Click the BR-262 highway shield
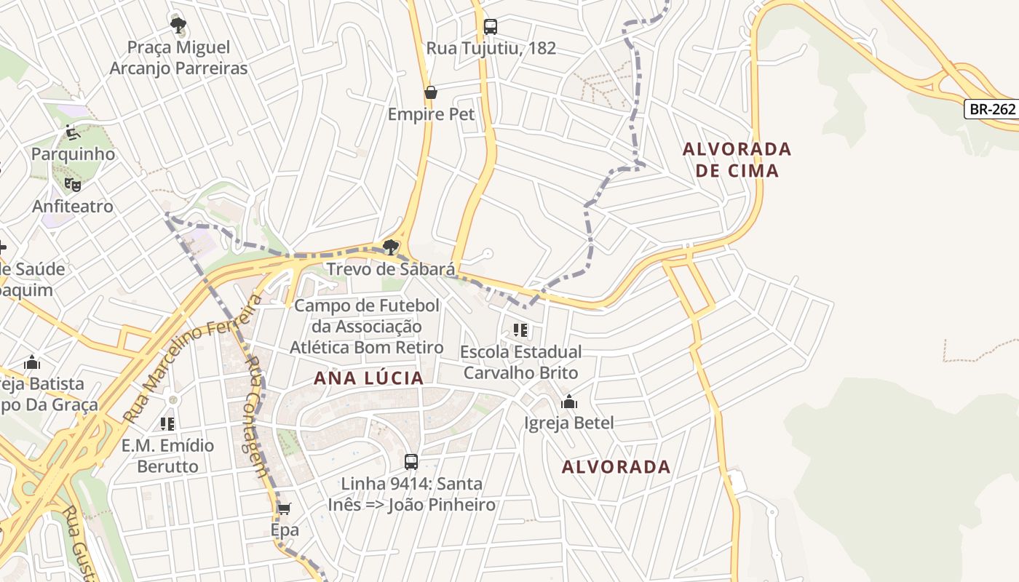click(991, 109)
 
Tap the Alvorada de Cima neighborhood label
click(737, 159)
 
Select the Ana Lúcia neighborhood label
click(368, 378)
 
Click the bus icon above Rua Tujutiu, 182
click(491, 27)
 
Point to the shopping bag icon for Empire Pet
click(431, 92)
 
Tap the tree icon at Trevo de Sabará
click(391, 247)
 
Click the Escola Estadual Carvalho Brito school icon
click(520, 331)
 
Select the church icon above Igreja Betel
click(569, 402)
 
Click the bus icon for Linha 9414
click(411, 462)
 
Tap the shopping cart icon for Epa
click(285, 509)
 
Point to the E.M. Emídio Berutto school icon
click(167, 423)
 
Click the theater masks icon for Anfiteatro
click(72, 185)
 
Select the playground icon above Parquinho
click(72, 132)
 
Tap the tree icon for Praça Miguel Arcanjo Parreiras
click(178, 26)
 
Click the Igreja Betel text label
click(569, 423)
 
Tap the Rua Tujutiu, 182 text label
click(491, 48)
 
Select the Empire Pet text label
click(431, 114)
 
